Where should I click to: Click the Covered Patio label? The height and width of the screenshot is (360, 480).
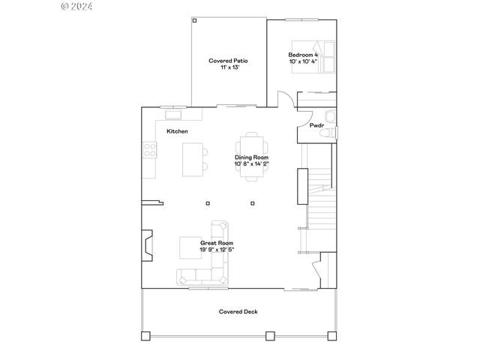(228, 61)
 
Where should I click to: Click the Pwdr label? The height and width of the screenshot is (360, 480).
(316, 125)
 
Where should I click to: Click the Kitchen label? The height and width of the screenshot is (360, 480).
(177, 131)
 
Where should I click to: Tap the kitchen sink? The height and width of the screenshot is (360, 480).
(174, 114)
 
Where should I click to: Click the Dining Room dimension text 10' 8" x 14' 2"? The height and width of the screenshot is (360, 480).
(251, 163)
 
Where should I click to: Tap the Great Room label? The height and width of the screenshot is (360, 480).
(216, 243)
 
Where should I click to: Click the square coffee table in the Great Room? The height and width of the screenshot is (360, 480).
(188, 247)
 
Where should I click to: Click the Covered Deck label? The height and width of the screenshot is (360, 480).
(238, 311)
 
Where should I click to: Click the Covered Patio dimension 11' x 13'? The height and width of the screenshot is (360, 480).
(228, 67)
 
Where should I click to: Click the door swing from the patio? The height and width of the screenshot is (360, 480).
(286, 100)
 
